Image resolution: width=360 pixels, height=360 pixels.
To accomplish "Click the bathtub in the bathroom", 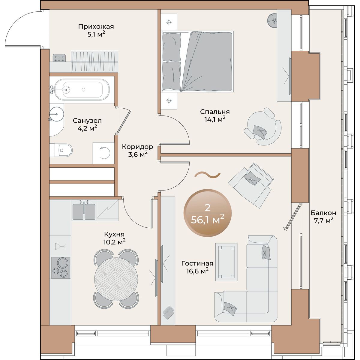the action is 82,90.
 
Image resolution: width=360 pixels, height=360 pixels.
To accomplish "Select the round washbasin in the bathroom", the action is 57,114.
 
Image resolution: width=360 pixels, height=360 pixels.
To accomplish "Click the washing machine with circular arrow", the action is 104,153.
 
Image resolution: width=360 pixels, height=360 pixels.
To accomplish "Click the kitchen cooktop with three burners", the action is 61,268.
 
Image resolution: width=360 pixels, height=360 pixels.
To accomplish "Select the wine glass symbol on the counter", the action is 60,246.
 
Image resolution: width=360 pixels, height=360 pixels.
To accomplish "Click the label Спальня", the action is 215,112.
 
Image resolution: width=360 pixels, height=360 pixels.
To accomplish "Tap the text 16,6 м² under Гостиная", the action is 197,271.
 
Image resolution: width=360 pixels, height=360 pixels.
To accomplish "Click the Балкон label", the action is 323,213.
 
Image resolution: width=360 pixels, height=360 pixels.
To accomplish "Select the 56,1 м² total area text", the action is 208,220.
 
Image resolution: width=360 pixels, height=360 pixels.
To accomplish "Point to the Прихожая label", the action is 96,27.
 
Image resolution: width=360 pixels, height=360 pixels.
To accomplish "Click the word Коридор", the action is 137,147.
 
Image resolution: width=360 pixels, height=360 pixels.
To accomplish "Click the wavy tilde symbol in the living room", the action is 207,175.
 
